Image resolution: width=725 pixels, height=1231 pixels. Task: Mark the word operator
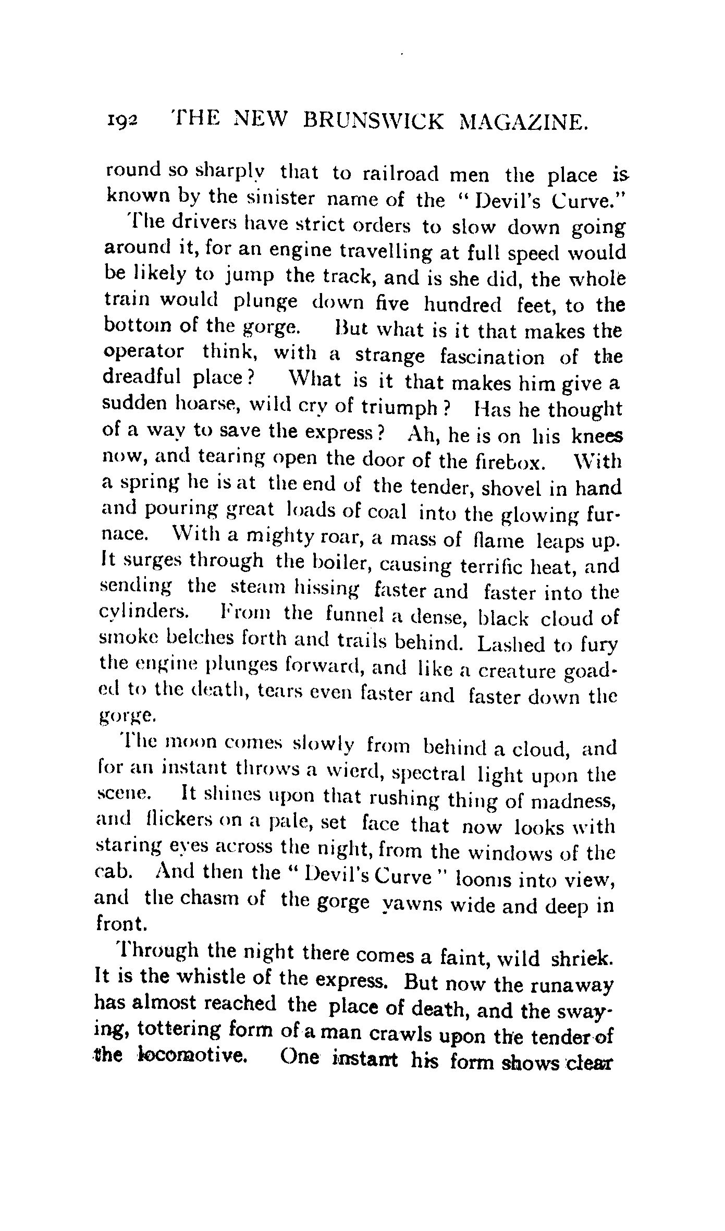pos(144,352)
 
